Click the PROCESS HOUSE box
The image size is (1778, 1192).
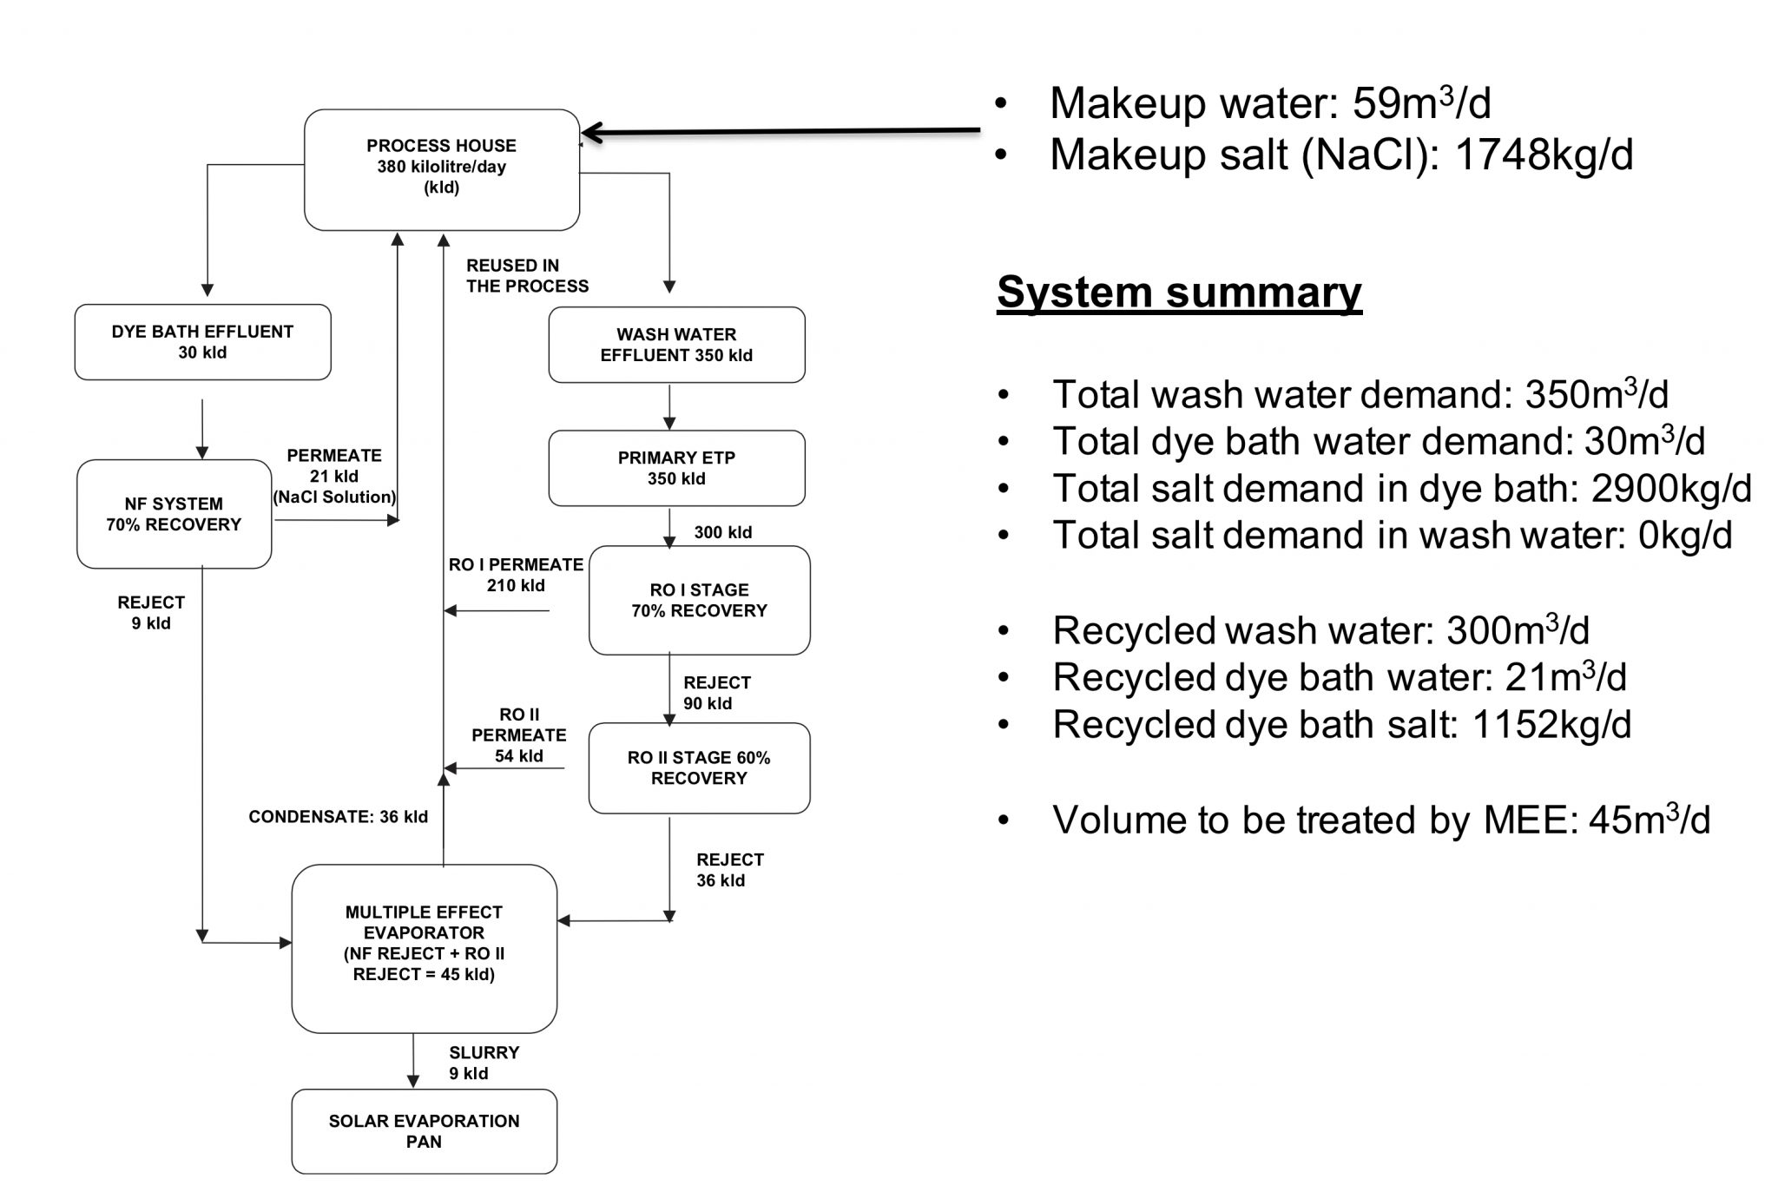click(441, 169)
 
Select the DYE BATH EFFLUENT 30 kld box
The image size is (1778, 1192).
click(202, 342)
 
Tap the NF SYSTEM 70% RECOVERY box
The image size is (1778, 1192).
click(174, 514)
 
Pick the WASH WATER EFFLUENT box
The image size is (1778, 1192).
click(676, 345)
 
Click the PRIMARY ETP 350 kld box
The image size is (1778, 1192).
click(676, 468)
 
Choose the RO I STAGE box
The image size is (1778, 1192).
click(699, 600)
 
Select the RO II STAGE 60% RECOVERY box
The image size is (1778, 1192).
click(699, 768)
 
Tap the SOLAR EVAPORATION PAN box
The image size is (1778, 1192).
click(424, 1131)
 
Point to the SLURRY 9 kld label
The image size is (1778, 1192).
click(483, 1063)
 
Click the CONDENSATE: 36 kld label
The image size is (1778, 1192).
click(338, 817)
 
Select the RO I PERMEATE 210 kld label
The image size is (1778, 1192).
click(516, 575)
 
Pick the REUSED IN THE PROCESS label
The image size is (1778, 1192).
click(526, 276)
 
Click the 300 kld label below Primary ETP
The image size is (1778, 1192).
click(722, 532)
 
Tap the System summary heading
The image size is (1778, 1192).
click(1178, 293)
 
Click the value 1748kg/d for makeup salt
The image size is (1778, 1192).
click(1543, 155)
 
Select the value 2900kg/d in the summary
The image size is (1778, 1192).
click(1670, 489)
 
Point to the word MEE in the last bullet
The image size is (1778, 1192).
click(1529, 820)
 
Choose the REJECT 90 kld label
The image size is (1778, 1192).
click(716, 693)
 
